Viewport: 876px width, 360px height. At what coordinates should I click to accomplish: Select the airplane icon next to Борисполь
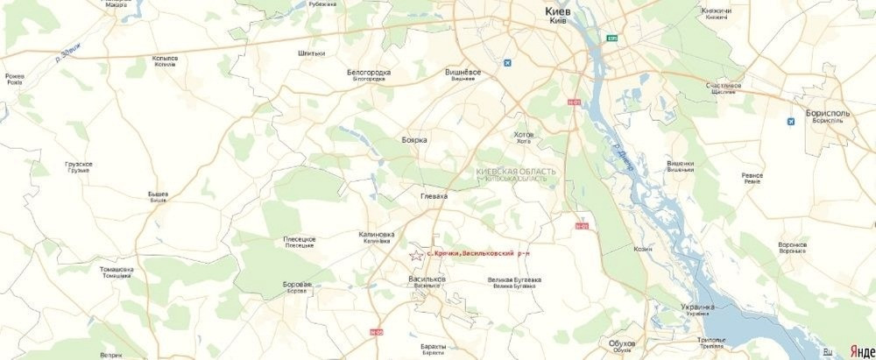[x=791, y=120]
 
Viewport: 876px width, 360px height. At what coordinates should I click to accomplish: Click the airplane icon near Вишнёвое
[x=507, y=63]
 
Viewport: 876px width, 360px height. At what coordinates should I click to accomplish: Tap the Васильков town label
[x=427, y=279]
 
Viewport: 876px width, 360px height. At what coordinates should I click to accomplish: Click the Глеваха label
[x=434, y=196]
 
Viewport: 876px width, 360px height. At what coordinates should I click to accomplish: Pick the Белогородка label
[x=369, y=72]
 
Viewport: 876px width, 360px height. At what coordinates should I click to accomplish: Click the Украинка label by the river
[x=697, y=307]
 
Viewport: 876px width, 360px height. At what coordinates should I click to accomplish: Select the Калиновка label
[x=377, y=235]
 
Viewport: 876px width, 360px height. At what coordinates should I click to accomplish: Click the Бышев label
[x=158, y=194]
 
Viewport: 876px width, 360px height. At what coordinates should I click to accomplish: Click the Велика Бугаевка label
[x=513, y=280]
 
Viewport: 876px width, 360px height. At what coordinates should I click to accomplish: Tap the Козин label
[x=643, y=249]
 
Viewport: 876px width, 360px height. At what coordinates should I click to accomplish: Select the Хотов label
[x=524, y=134]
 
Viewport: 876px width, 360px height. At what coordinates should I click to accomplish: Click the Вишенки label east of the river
[x=681, y=163]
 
